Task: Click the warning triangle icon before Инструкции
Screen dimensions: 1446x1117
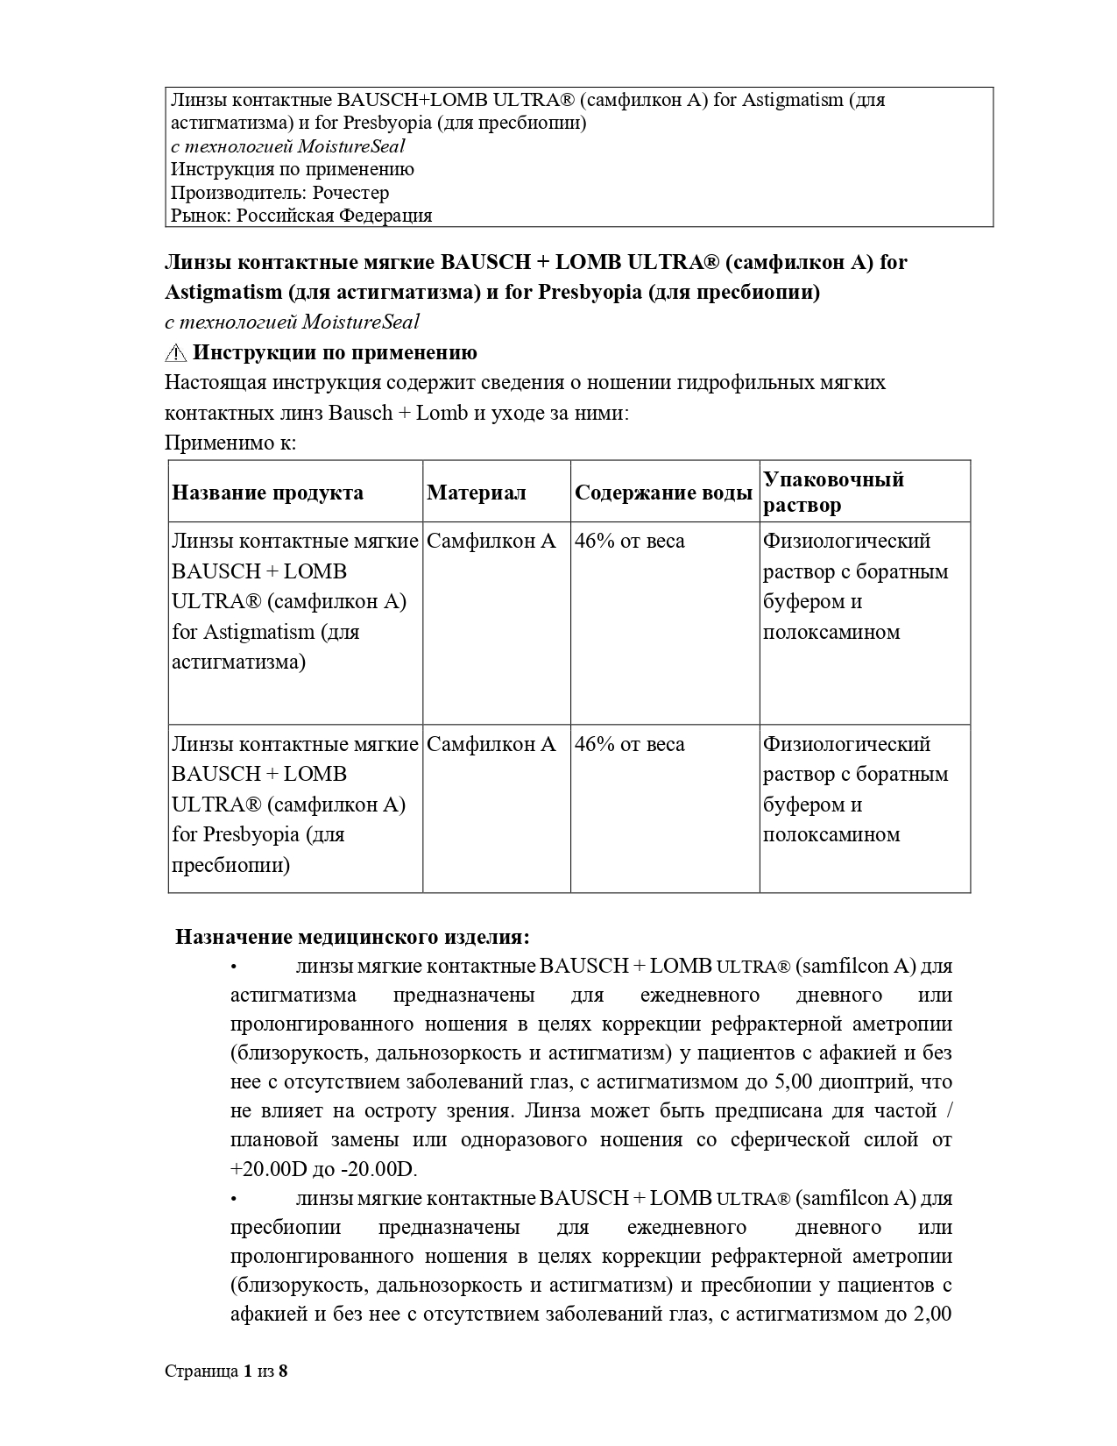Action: (x=175, y=353)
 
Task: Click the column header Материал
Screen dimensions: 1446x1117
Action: (x=477, y=493)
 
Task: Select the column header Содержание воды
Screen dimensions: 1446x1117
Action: (x=663, y=493)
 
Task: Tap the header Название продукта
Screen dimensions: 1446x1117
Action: (x=267, y=493)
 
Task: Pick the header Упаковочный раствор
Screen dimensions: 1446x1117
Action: (x=832, y=492)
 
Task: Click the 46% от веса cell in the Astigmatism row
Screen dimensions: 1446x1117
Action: (x=629, y=542)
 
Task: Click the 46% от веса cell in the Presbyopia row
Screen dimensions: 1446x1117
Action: (x=629, y=744)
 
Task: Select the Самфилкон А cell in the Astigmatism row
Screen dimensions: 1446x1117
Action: (x=491, y=542)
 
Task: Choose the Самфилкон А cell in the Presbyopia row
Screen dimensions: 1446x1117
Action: (x=491, y=744)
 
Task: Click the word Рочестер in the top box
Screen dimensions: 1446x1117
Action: (x=350, y=193)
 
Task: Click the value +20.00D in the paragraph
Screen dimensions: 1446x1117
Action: (x=270, y=1170)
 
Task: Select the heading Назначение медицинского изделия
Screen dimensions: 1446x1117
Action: (x=352, y=937)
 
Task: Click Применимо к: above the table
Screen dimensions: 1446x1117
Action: (x=230, y=443)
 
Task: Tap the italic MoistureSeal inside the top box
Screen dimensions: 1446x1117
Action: (x=354, y=146)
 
